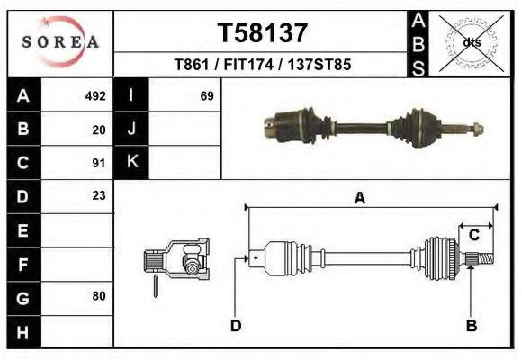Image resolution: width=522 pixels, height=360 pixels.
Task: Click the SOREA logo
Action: pyautogui.click(x=60, y=42)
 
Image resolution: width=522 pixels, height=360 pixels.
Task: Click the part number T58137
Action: pyautogui.click(x=263, y=32)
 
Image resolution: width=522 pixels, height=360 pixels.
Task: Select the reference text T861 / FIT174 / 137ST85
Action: pyautogui.click(x=263, y=65)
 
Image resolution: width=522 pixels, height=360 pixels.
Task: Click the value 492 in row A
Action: pyautogui.click(x=95, y=95)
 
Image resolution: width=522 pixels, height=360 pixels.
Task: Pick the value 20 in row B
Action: pyautogui.click(x=99, y=129)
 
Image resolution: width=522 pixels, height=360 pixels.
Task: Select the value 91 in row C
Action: pyautogui.click(x=99, y=163)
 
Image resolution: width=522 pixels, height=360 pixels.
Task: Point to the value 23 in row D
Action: pyautogui.click(x=99, y=195)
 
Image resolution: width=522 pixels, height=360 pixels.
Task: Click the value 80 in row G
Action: pyautogui.click(x=99, y=296)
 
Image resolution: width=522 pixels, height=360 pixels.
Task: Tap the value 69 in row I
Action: pyautogui.click(x=206, y=95)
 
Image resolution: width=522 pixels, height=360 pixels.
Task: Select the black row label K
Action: pyautogui.click(x=131, y=162)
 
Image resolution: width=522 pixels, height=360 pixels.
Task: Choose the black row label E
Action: pyautogui.click(x=22, y=230)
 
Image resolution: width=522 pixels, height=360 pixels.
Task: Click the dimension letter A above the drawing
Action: pyautogui.click(x=360, y=199)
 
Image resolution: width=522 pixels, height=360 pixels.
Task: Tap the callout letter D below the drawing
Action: pyautogui.click(x=236, y=325)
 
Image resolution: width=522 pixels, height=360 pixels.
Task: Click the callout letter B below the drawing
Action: pyautogui.click(x=471, y=325)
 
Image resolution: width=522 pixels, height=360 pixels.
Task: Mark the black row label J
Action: pyautogui.click(x=131, y=129)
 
